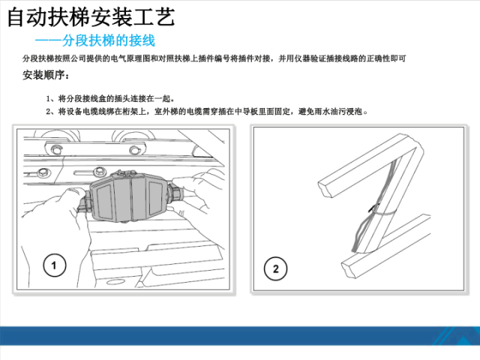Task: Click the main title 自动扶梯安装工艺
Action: pos(91,17)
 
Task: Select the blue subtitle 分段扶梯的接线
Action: pos(108,40)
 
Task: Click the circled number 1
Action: pos(55,265)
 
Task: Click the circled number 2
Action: pos(275,268)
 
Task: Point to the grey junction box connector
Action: pos(128,196)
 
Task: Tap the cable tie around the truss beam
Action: pos(382,213)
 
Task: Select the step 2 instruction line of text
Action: pos(207,111)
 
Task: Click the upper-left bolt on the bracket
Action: pos(55,150)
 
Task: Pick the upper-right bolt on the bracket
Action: pos(134,150)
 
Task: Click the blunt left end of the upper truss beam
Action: pos(326,188)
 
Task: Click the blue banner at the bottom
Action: pos(240,336)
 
